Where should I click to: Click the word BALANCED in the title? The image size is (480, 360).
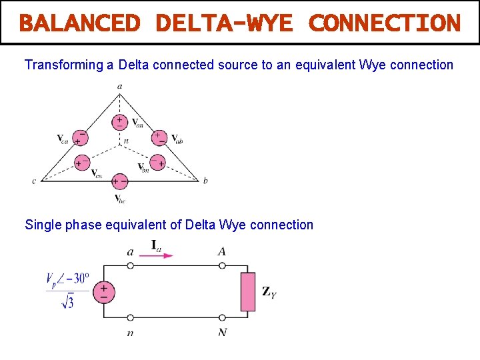click(79, 23)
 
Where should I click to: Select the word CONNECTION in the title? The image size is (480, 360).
click(385, 23)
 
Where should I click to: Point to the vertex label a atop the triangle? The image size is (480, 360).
click(119, 86)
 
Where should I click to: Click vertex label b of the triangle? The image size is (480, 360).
click(205, 181)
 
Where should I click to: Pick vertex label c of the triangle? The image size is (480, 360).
click(34, 181)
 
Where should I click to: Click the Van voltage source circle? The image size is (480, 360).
click(120, 121)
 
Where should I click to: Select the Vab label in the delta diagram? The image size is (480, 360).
click(177, 139)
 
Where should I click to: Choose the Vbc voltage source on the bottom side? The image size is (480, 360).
click(120, 181)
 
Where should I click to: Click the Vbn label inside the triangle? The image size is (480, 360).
click(143, 167)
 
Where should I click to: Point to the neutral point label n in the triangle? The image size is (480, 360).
click(126, 141)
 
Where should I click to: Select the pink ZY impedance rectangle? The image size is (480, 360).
click(247, 292)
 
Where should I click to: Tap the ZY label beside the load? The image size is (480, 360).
click(269, 291)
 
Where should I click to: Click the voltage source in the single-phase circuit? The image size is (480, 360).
click(104, 292)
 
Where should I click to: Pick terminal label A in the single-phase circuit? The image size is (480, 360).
click(221, 251)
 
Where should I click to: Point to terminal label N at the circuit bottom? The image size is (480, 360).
click(222, 332)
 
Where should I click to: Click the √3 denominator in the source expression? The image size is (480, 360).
click(67, 303)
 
